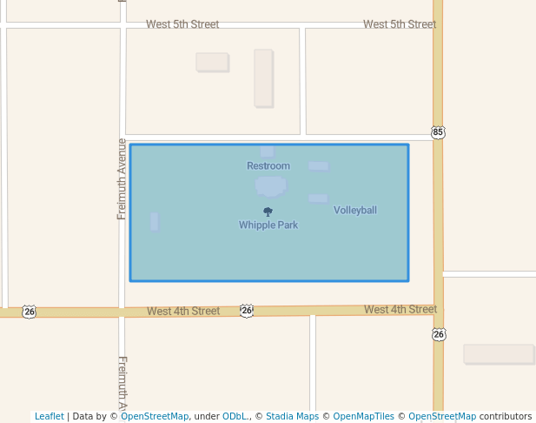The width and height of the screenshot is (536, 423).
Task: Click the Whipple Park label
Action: (x=268, y=225)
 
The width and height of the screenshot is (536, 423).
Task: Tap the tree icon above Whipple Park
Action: (x=268, y=211)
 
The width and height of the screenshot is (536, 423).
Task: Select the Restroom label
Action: (x=268, y=166)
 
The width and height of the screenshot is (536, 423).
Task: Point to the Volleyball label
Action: (x=355, y=211)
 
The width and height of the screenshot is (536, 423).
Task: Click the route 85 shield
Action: (x=438, y=132)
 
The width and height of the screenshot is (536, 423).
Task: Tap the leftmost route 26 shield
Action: (x=30, y=312)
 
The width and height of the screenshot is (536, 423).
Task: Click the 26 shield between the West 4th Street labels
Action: (x=247, y=311)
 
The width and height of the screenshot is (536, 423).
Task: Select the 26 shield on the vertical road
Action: (x=439, y=334)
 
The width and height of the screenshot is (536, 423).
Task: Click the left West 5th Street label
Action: (x=182, y=24)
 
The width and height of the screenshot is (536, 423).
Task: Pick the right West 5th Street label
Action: (x=400, y=24)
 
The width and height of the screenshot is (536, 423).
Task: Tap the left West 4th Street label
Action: (x=183, y=312)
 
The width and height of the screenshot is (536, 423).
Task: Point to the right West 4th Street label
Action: (x=400, y=310)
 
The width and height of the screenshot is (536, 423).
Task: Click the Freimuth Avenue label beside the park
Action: (x=122, y=178)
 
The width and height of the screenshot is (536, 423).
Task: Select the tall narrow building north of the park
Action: (x=263, y=78)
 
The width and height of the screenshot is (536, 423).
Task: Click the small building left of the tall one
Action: (x=212, y=62)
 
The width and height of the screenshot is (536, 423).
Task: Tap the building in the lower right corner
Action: (x=498, y=353)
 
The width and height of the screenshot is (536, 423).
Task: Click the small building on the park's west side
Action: (x=155, y=221)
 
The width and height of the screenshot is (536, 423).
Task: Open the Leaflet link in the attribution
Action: (x=50, y=417)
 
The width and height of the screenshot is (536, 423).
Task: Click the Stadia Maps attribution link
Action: (x=292, y=417)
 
